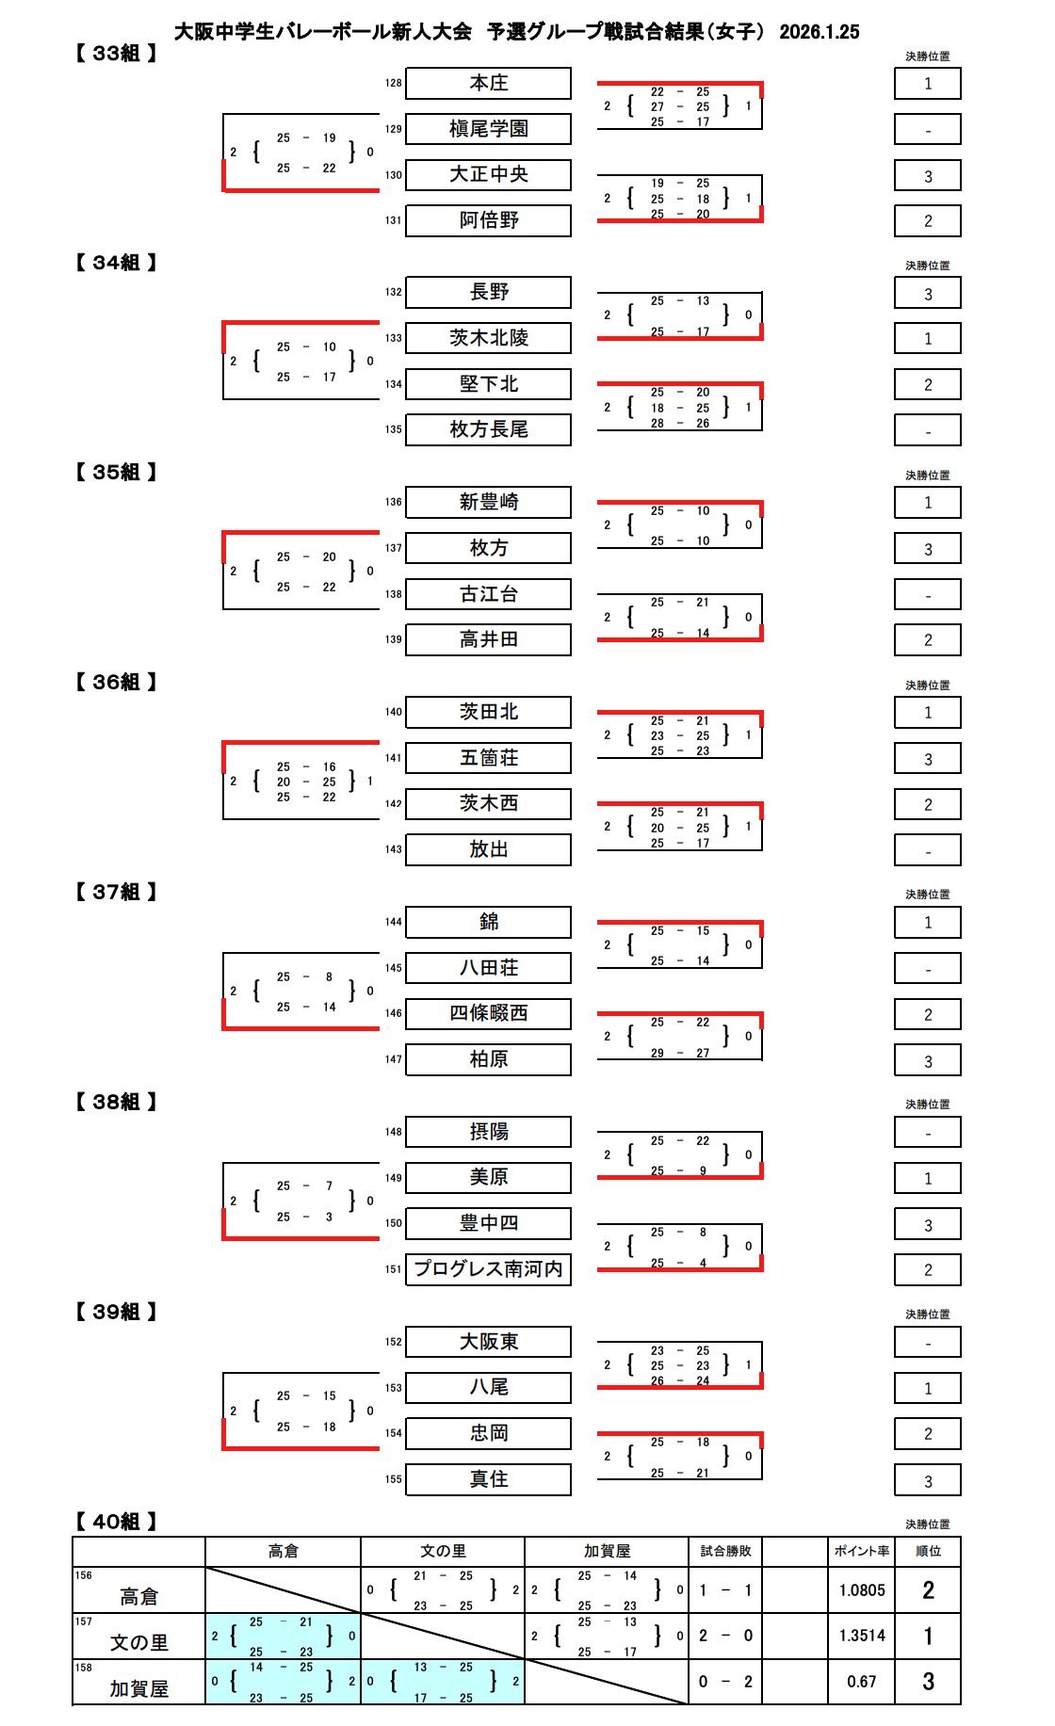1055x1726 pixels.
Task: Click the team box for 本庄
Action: tap(488, 83)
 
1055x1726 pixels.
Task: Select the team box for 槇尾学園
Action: tap(488, 129)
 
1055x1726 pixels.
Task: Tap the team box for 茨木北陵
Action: tap(488, 338)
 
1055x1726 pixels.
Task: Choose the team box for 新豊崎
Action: tap(488, 502)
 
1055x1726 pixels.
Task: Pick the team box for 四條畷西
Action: tap(488, 1013)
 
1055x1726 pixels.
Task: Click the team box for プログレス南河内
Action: tap(488, 1269)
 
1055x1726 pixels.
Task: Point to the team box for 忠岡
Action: tap(488, 1433)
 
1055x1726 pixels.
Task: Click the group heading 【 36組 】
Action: tap(116, 682)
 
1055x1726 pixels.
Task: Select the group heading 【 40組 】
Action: tap(116, 1522)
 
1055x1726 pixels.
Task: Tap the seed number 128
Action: tap(393, 83)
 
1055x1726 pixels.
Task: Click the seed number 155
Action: tap(393, 1479)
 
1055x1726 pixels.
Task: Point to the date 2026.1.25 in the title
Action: tap(819, 31)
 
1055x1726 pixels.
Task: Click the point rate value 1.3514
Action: tap(862, 1636)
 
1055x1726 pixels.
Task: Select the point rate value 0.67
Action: tap(862, 1682)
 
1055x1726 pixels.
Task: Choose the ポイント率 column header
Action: tap(861, 1551)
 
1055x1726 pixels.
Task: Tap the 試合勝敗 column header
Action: tap(725, 1551)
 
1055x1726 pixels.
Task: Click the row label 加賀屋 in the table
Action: tap(139, 1688)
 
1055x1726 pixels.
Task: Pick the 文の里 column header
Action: tap(443, 1551)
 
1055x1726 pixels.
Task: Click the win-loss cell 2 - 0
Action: tap(725, 1636)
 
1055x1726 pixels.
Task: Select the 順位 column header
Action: tap(928, 1551)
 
